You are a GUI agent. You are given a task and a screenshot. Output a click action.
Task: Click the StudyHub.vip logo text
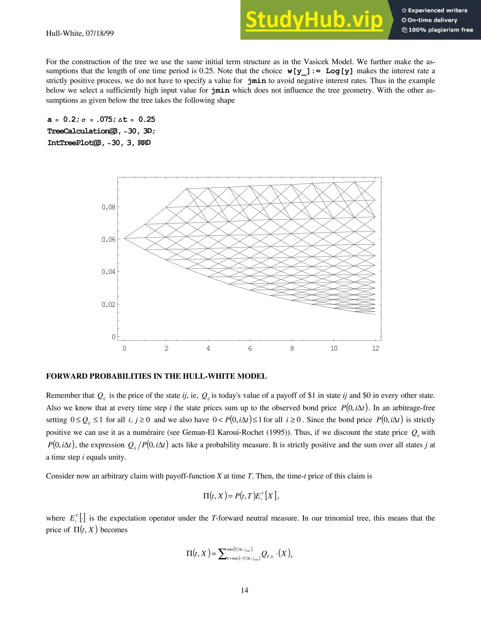coord(314,20)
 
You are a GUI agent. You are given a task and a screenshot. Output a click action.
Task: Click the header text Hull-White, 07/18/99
coord(80,33)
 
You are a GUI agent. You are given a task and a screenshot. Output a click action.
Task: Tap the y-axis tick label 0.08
coord(108,207)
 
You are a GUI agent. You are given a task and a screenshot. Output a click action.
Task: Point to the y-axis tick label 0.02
coord(108,304)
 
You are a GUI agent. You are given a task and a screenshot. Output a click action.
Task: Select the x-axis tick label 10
coord(334,348)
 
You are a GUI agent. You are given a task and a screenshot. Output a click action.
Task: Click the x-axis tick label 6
coord(250,348)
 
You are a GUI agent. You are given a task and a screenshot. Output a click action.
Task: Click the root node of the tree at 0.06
coord(124,238)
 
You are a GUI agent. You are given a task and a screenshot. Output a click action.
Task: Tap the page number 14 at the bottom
coord(244,590)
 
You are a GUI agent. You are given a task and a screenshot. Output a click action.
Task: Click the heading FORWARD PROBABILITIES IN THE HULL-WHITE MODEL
coord(156,376)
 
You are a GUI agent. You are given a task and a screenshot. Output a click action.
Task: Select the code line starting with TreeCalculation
coord(101,131)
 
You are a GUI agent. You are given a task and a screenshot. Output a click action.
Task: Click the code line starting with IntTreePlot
coord(99,143)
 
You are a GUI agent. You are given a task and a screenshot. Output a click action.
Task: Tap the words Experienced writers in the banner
coord(437,11)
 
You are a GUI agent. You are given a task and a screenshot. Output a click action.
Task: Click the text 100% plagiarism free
coord(441,30)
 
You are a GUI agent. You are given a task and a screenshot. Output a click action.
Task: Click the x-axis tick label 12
coord(375,348)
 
